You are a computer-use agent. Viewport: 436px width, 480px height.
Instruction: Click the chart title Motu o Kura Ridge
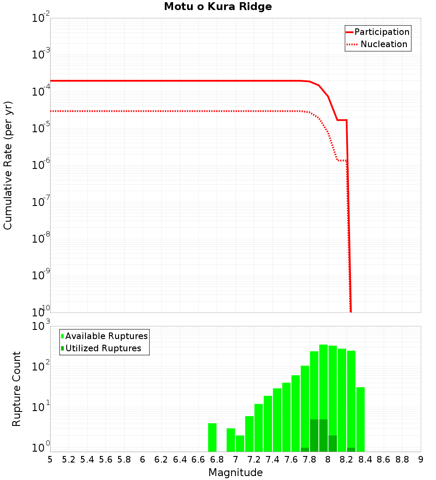click(218, 7)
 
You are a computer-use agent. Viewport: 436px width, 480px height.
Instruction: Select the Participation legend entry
click(378, 32)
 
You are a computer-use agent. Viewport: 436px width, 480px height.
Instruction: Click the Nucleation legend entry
click(378, 45)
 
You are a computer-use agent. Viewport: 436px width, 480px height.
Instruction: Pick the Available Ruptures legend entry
click(104, 336)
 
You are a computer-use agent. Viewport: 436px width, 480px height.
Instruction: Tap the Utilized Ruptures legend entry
click(101, 349)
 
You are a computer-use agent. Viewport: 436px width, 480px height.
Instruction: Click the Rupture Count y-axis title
click(17, 389)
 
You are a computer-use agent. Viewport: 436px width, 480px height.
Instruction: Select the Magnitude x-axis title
click(235, 473)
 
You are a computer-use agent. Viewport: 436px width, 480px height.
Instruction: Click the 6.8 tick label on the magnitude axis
click(217, 459)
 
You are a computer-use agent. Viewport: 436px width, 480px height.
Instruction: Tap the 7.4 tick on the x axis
click(272, 459)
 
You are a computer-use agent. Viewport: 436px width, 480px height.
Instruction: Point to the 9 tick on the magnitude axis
click(420, 459)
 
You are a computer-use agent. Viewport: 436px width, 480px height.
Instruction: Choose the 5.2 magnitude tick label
click(68, 459)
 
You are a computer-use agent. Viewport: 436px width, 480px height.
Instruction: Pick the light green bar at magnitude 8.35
click(361, 419)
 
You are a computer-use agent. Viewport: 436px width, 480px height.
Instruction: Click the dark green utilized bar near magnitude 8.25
click(351, 449)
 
